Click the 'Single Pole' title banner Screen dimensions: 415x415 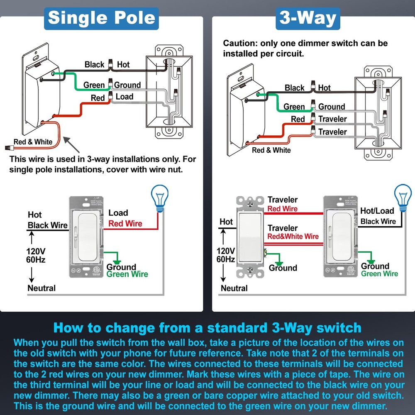[x=102, y=18]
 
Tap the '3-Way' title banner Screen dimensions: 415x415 [x=308, y=19]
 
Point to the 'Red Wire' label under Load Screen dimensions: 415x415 [x=125, y=224]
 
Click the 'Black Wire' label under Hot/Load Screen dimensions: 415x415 [x=378, y=221]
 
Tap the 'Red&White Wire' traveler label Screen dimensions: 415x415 [x=293, y=237]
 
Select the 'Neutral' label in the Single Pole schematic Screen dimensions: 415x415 [x=41, y=288]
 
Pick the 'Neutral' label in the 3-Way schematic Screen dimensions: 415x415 [x=234, y=288]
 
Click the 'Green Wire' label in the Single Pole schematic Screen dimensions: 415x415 [x=127, y=274]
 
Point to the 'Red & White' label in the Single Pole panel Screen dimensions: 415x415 [x=33, y=142]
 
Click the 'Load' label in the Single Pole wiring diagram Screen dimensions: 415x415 [x=124, y=97]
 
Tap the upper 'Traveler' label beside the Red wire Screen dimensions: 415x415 [x=332, y=119]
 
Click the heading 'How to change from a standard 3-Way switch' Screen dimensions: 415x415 [x=207, y=328]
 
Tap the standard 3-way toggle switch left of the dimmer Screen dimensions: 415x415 [x=251, y=237]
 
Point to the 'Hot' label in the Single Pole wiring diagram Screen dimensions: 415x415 [x=123, y=64]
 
